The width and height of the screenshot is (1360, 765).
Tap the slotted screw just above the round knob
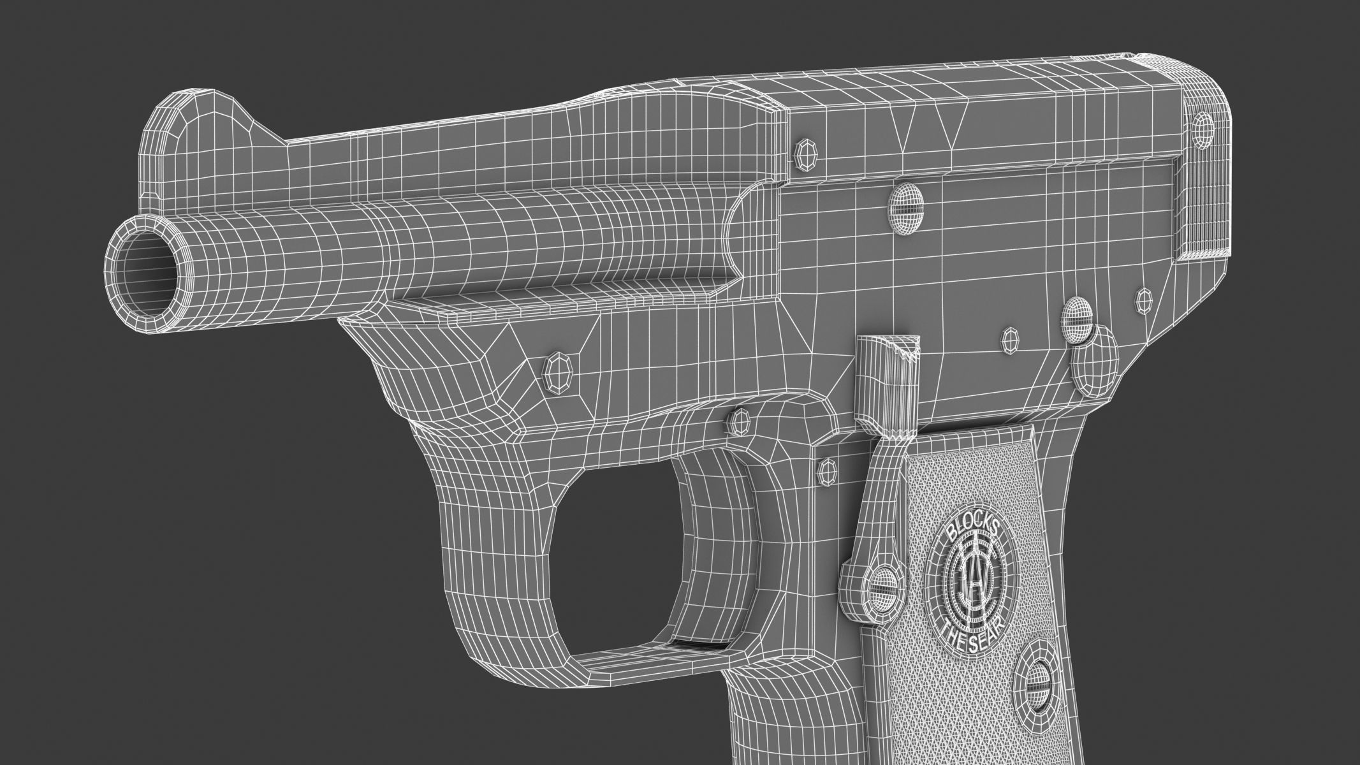tap(1078, 316)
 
